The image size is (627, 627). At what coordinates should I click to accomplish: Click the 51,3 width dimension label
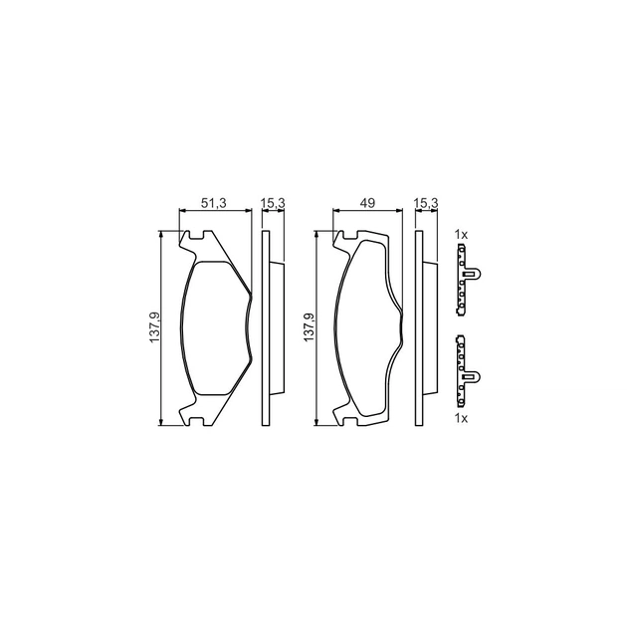214,203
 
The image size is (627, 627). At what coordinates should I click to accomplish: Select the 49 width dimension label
367,203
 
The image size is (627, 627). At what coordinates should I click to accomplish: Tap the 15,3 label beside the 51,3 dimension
273,203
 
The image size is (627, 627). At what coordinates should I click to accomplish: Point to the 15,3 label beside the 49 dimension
427,203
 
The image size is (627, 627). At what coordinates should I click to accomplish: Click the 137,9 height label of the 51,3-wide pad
154,326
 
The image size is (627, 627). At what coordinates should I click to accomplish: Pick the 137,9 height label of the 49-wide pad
310,326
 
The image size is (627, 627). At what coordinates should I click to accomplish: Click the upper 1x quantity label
461,235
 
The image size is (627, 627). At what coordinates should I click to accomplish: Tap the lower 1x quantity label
461,418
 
